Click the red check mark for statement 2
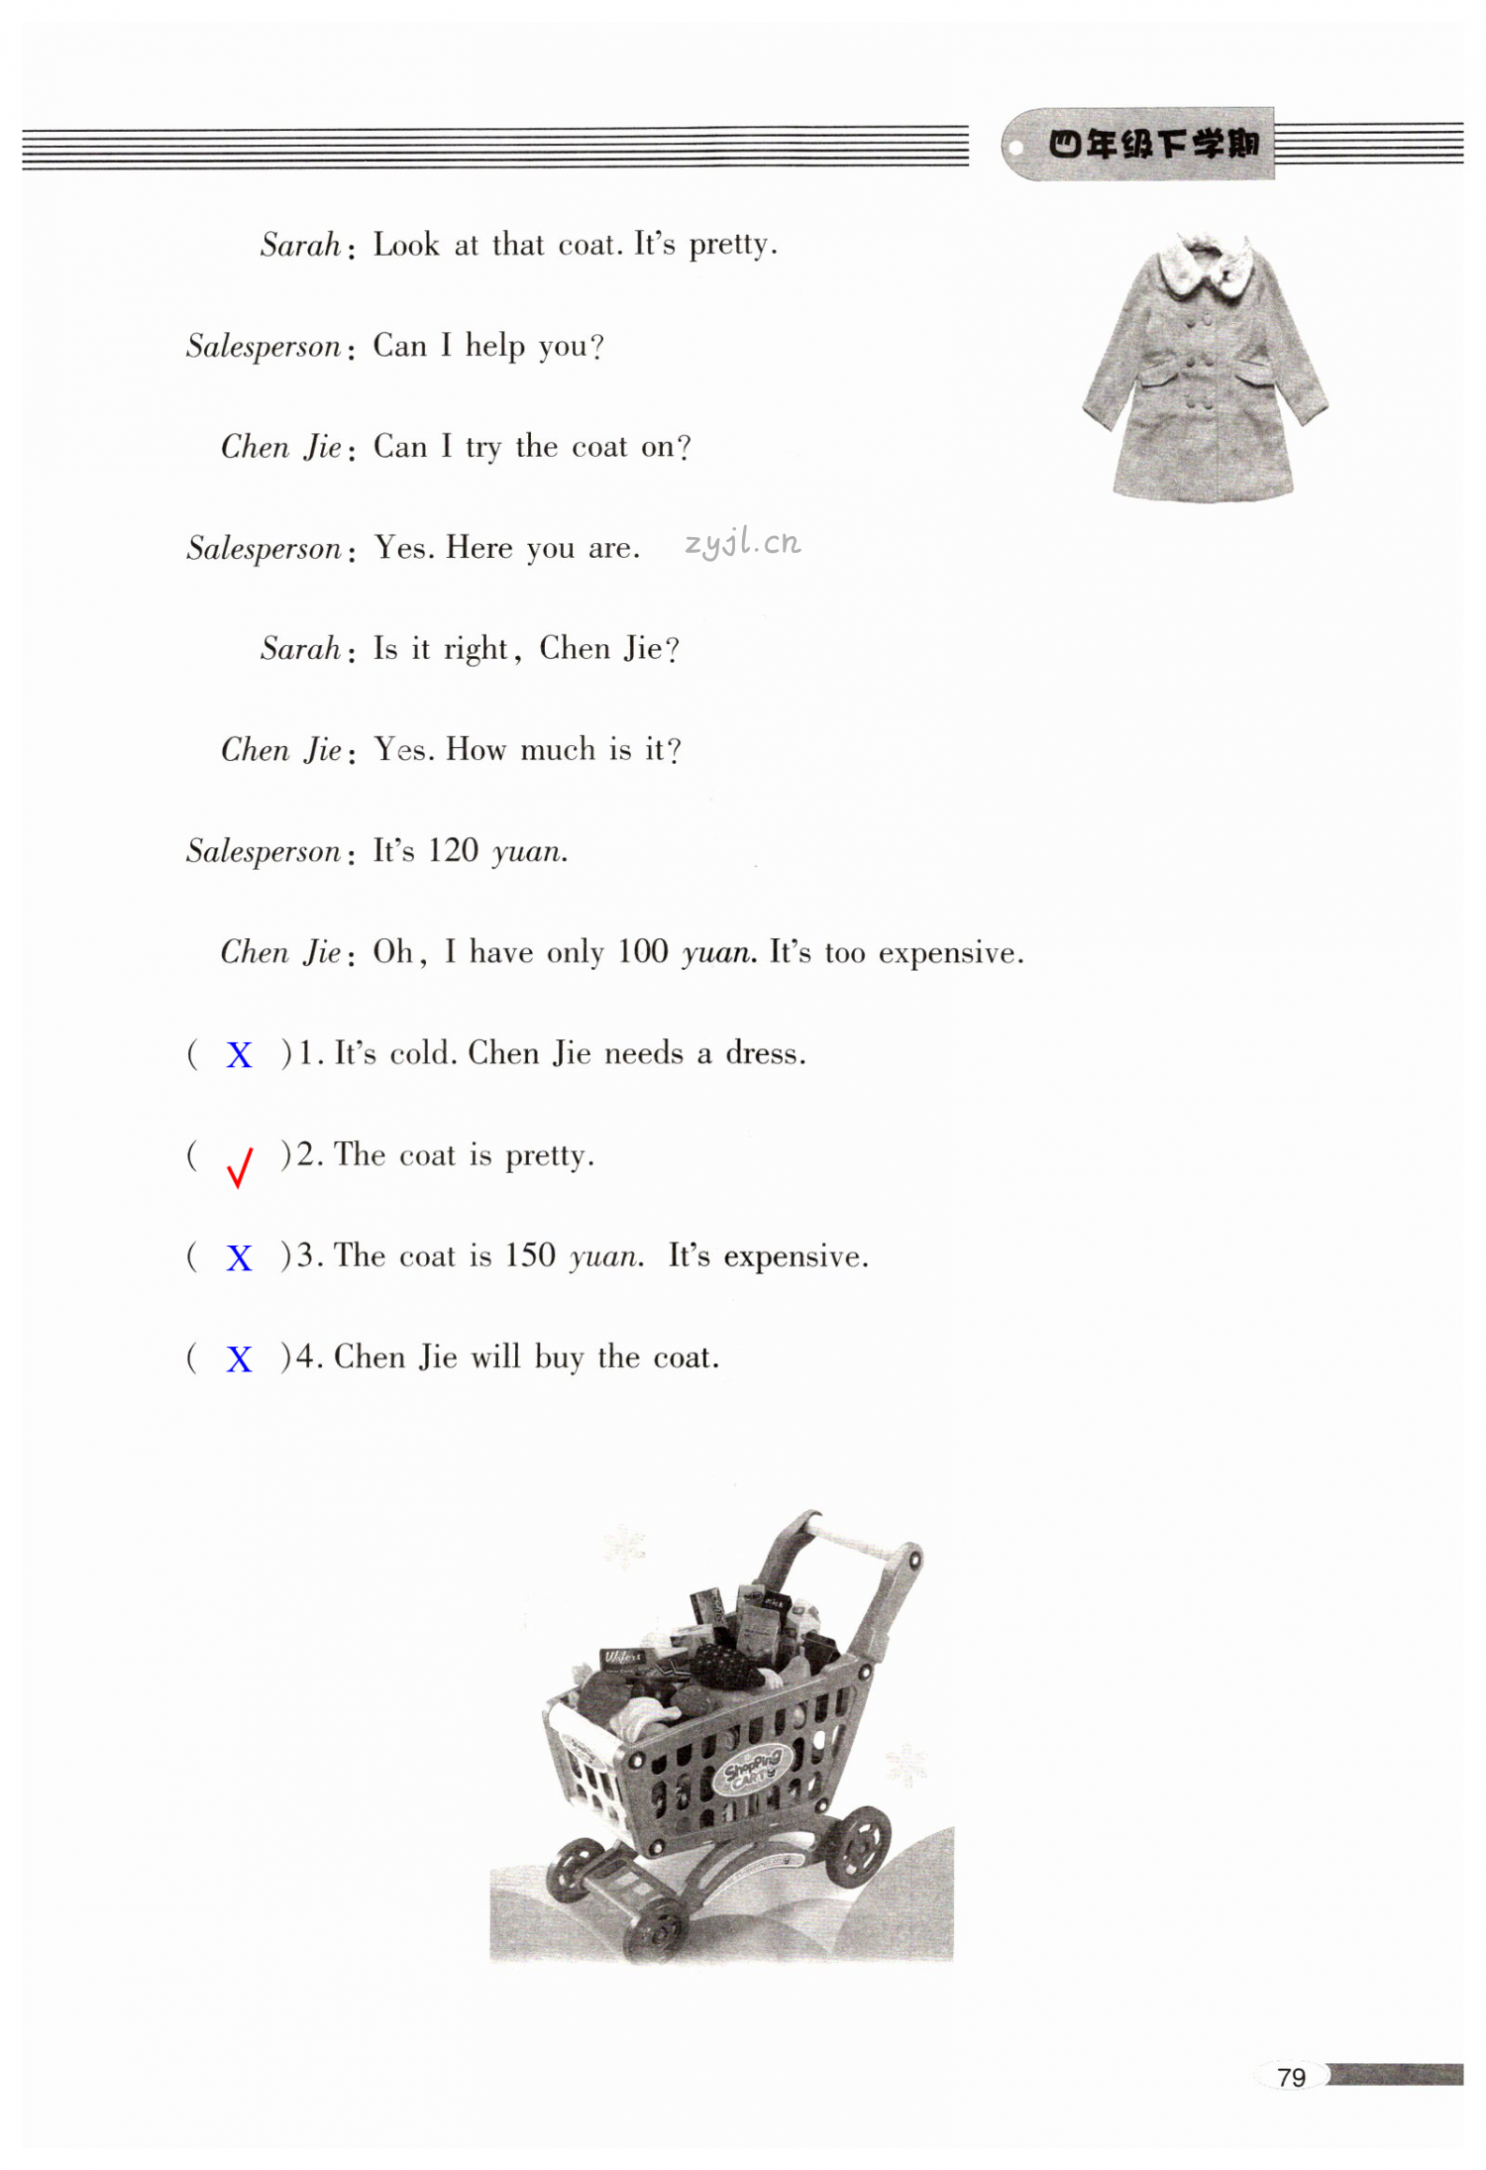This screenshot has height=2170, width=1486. [240, 1166]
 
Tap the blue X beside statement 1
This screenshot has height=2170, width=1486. [239, 1055]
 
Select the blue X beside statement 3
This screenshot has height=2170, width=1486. [239, 1258]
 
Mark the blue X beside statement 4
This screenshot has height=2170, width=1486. [239, 1359]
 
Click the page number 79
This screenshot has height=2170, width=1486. [1291, 2077]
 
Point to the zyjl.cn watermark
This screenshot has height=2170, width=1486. [742, 542]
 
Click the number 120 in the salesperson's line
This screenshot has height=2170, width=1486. [453, 850]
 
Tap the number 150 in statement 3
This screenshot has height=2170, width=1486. [529, 1255]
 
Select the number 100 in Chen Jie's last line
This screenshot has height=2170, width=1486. [642, 951]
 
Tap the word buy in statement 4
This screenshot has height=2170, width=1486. [559, 1357]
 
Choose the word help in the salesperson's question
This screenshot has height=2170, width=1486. [494, 346]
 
